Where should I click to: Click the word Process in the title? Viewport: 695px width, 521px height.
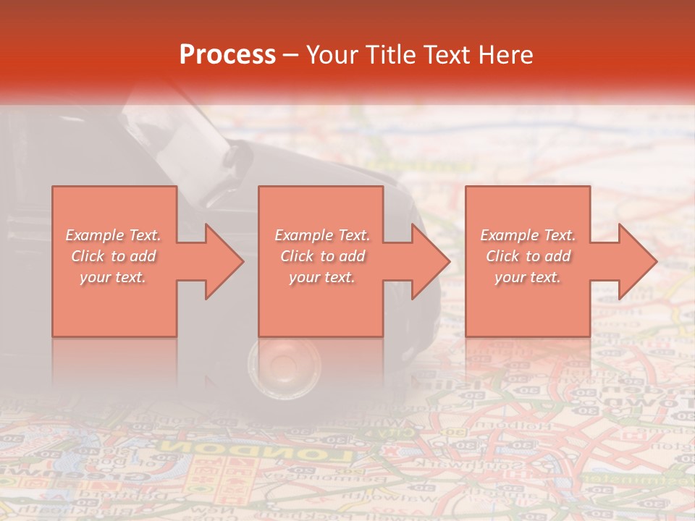click(x=227, y=55)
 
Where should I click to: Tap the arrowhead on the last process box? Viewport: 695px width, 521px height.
click(x=636, y=261)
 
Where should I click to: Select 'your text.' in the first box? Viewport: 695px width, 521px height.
click(x=113, y=277)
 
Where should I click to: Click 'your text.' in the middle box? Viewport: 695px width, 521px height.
click(x=321, y=277)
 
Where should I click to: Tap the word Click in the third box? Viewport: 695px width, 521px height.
click(x=503, y=256)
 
